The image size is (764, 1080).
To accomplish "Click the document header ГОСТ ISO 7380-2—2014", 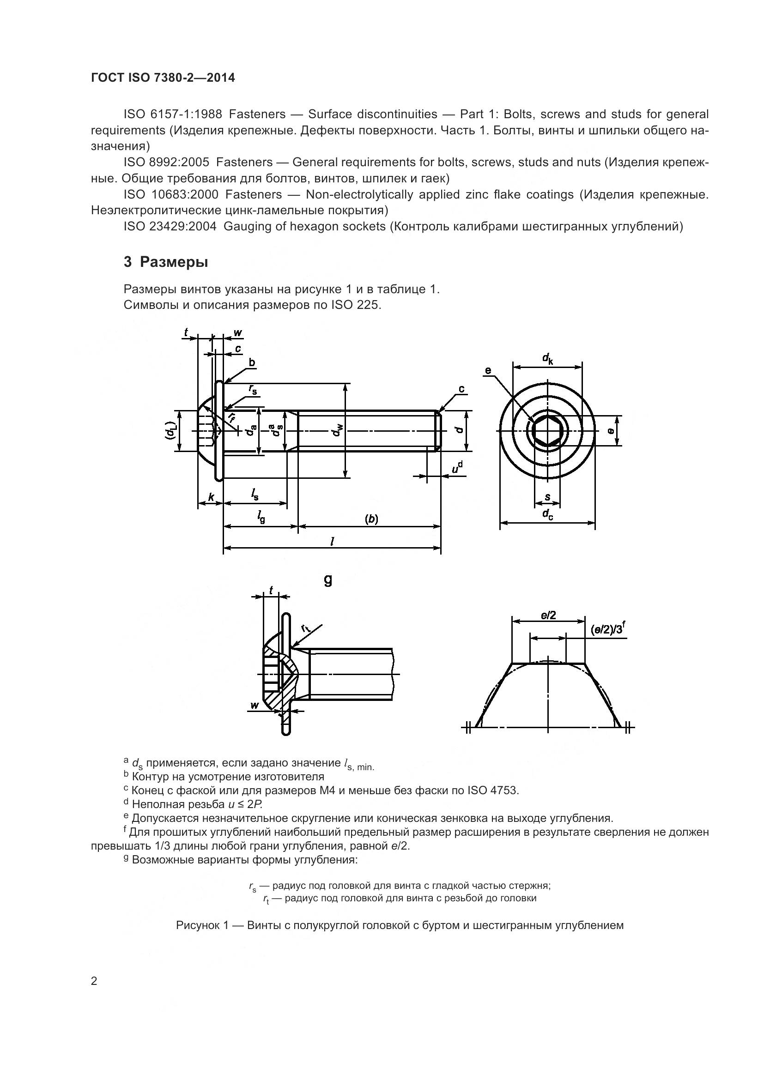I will tap(163, 78).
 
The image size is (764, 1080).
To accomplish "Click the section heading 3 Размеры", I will tap(166, 262).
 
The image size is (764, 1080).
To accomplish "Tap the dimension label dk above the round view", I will tap(548, 359).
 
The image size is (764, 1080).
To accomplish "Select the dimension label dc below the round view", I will tap(548, 514).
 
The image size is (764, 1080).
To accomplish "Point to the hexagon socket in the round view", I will tap(547, 431).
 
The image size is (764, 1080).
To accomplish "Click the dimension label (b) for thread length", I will tap(372, 519).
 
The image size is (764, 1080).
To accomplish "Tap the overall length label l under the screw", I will tap(332, 542).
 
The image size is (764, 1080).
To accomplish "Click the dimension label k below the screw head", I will tap(211, 497).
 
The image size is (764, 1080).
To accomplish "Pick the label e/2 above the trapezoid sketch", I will tap(549, 615).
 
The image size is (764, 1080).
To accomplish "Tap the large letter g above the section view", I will tap(328, 580).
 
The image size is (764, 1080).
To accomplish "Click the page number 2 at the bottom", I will tap(94, 981).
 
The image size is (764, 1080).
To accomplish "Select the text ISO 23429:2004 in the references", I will tap(170, 227).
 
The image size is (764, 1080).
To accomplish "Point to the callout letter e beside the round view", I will tap(488, 370).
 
